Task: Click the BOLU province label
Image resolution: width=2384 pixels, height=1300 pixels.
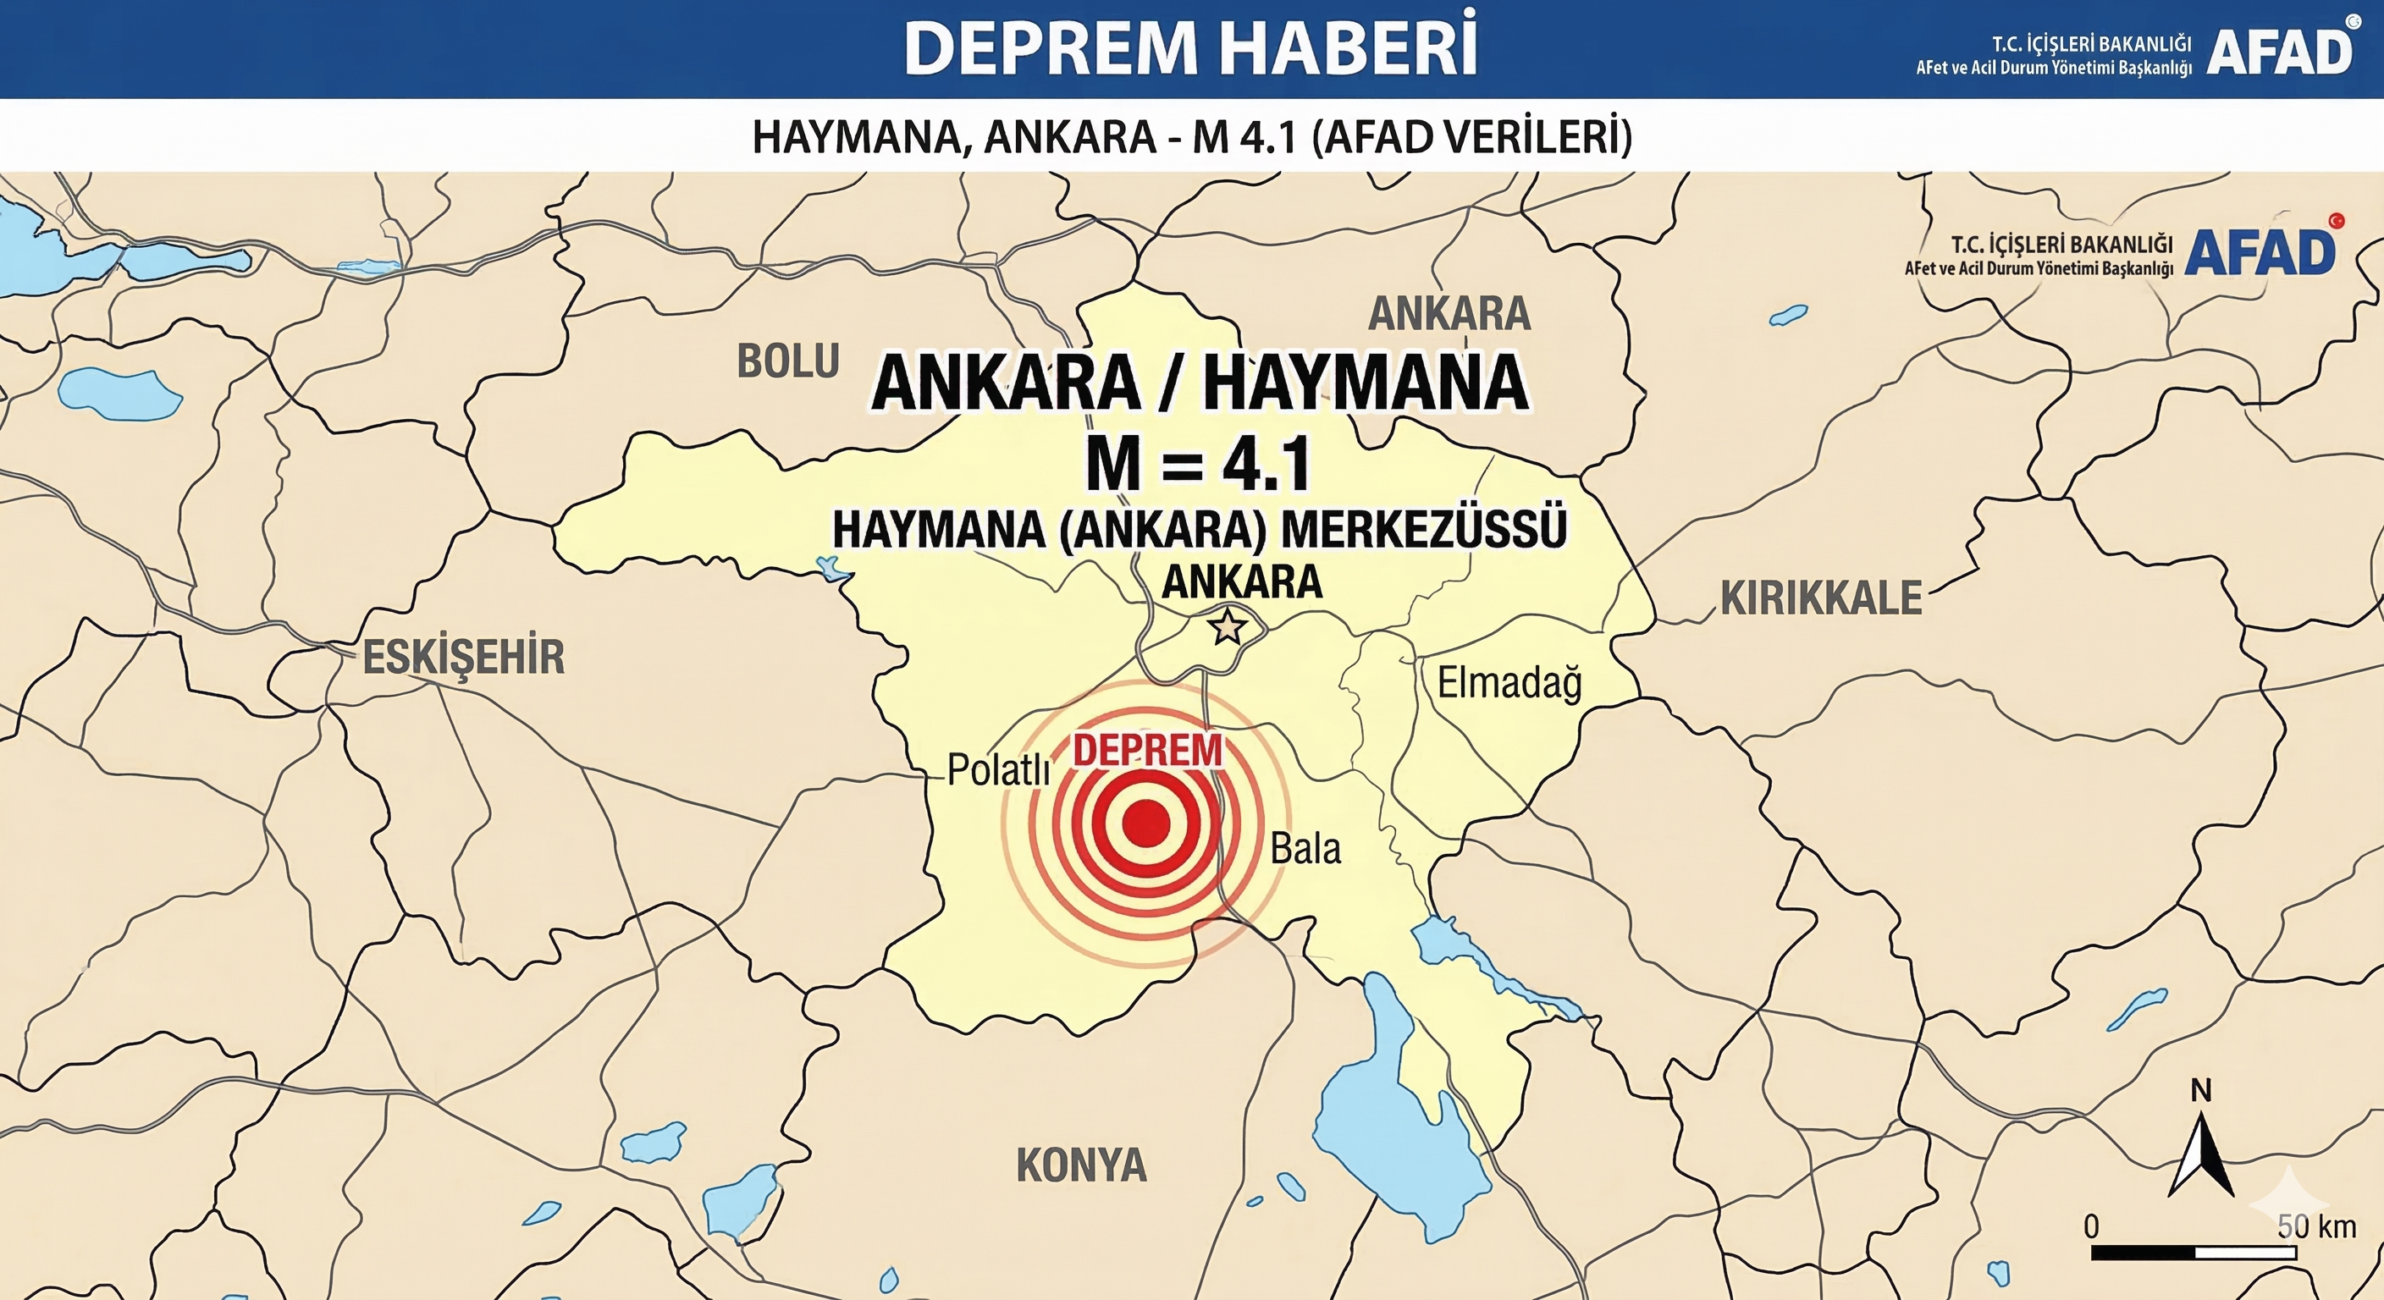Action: click(x=787, y=361)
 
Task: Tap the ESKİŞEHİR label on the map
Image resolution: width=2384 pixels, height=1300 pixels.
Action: click(x=463, y=658)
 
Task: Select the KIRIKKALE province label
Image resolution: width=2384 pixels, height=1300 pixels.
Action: click(x=1820, y=598)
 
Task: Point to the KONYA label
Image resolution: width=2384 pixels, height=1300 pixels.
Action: click(x=1081, y=1165)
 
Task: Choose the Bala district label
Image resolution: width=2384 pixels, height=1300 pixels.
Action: click(x=1305, y=848)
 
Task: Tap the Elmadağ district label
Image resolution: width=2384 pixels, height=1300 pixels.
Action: click(x=1509, y=684)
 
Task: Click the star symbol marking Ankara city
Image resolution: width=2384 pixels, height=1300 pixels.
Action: click(x=1228, y=626)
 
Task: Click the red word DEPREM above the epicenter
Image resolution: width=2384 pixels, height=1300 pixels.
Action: click(x=1148, y=751)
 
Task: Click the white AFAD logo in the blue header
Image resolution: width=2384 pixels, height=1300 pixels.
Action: click(x=2279, y=52)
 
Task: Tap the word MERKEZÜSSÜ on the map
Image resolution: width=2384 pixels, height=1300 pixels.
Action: click(x=1424, y=529)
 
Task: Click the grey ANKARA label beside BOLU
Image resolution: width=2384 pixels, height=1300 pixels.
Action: click(x=1449, y=314)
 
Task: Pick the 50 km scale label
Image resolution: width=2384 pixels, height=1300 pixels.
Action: click(x=2316, y=1227)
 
